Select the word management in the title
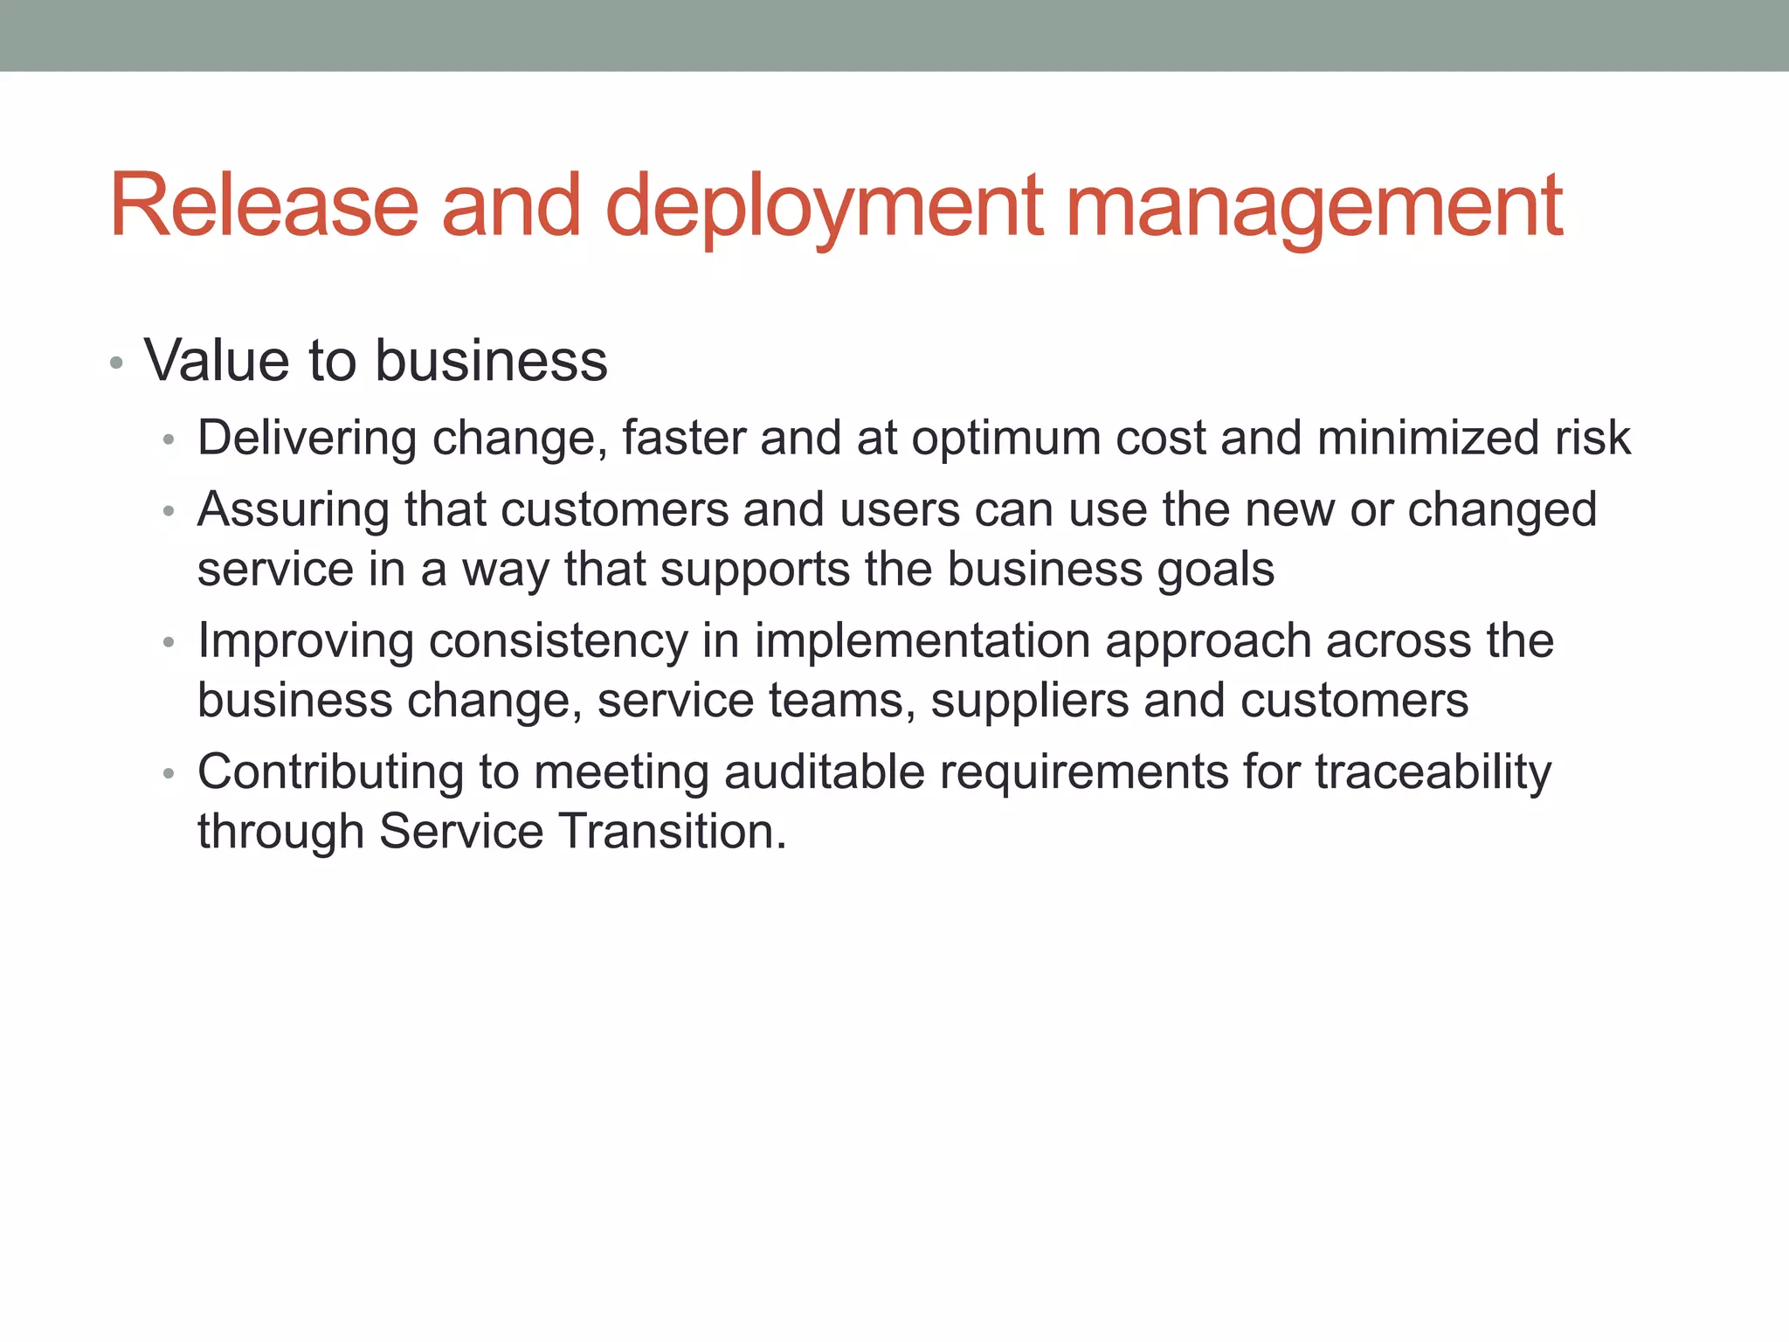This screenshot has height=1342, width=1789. coord(1314,206)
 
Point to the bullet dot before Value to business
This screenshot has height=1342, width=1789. coord(116,363)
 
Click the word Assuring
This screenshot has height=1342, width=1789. coord(294,509)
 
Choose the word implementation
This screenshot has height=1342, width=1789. coord(922,640)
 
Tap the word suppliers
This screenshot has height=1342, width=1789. coord(1030,701)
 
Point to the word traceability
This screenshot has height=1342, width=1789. coord(1433,772)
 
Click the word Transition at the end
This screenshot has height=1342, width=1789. coord(672,831)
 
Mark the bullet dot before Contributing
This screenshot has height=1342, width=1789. coord(169,774)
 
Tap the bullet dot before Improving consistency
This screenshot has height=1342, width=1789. coord(169,643)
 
